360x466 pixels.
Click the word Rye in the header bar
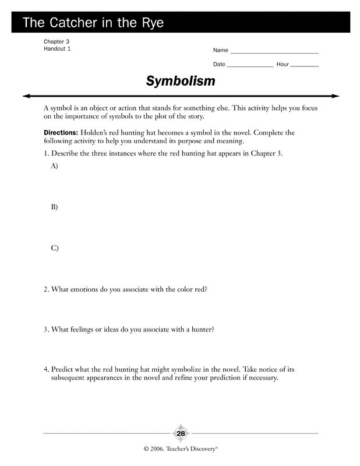[x=150, y=23]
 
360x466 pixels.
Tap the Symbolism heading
[x=180, y=81]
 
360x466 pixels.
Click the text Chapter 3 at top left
[x=57, y=41]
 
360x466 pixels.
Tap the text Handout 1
[x=57, y=49]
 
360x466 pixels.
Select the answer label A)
[x=55, y=166]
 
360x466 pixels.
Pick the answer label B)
[x=55, y=207]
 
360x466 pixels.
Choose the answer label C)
[x=55, y=248]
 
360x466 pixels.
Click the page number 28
[x=180, y=434]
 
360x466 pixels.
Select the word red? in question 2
[x=199, y=289]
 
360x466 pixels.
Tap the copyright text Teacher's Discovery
[x=190, y=450]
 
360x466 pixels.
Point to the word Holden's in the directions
[x=95, y=133]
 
